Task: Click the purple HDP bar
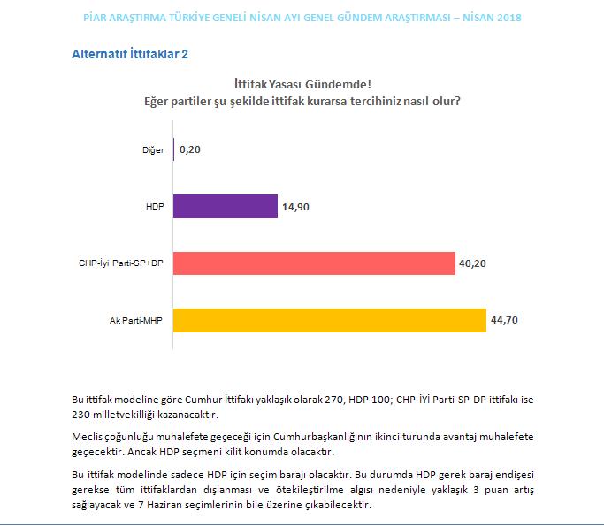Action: (x=226, y=206)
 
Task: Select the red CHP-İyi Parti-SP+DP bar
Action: (x=314, y=263)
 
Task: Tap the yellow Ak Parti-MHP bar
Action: (x=330, y=319)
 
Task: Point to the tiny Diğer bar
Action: (x=174, y=149)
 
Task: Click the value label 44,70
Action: (x=505, y=319)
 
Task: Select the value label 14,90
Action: (x=296, y=206)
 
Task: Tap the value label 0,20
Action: (x=190, y=149)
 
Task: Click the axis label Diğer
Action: (x=153, y=150)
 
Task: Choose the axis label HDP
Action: (x=156, y=207)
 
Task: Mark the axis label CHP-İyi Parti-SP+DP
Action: (x=121, y=263)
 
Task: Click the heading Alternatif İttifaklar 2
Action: (x=129, y=54)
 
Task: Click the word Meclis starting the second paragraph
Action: (x=87, y=437)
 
